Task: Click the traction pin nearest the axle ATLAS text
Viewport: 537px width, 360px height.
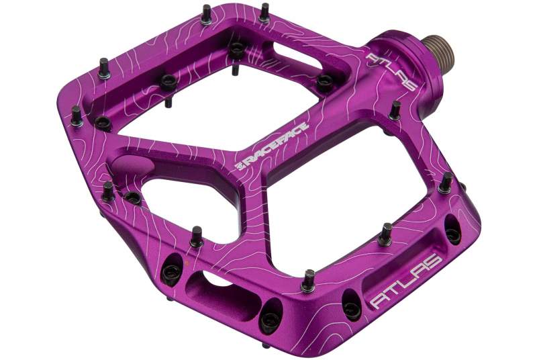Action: pos(395,109)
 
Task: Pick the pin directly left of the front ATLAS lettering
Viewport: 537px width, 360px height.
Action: pos(309,279)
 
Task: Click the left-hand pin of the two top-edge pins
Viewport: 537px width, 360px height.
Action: pos(206,13)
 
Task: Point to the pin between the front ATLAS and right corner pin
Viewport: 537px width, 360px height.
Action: pos(385,234)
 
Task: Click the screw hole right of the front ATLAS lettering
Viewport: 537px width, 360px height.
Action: pos(451,234)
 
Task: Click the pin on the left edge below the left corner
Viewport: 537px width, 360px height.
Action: pos(107,191)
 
